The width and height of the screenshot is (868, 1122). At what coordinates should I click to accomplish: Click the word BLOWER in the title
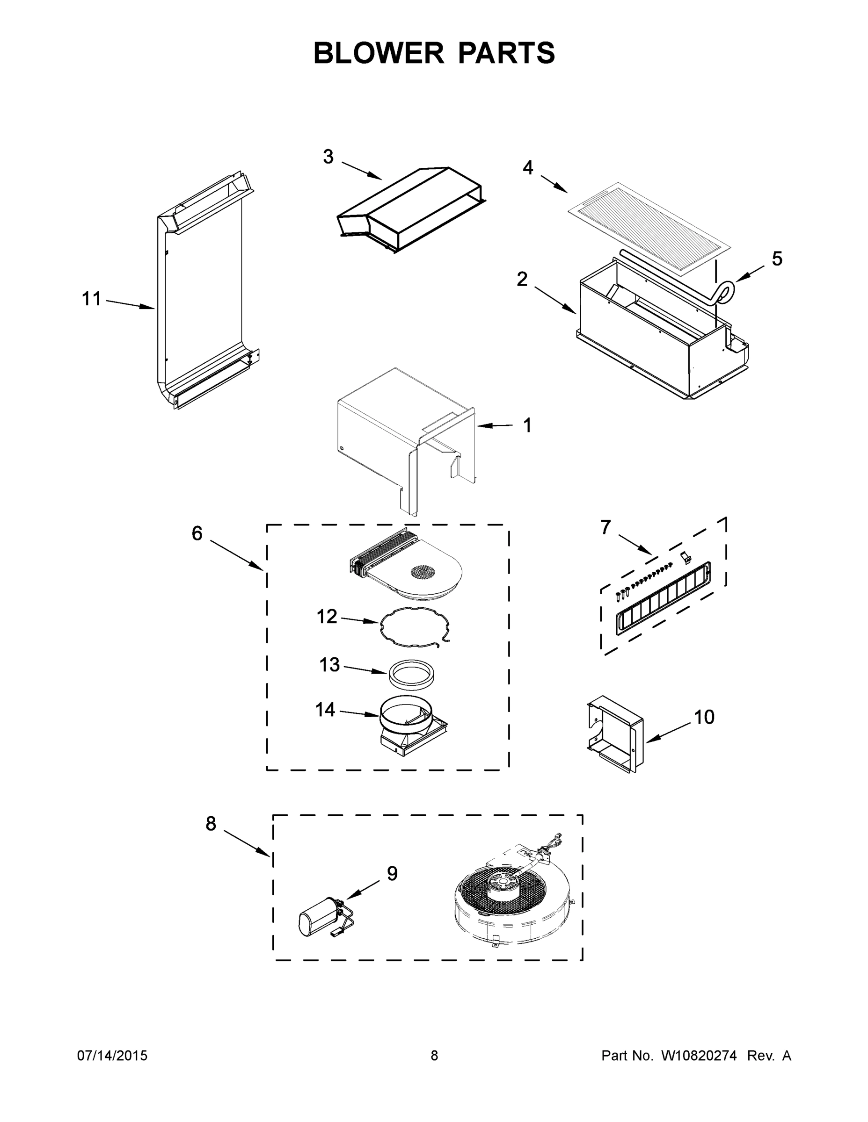[x=379, y=53]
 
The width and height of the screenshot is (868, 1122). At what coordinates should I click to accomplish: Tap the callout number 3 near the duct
[x=328, y=157]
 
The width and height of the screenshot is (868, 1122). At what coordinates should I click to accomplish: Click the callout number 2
[x=522, y=280]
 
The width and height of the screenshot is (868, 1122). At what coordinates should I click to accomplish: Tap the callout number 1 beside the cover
[x=527, y=425]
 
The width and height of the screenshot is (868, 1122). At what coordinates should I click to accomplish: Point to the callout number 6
[x=197, y=534]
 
